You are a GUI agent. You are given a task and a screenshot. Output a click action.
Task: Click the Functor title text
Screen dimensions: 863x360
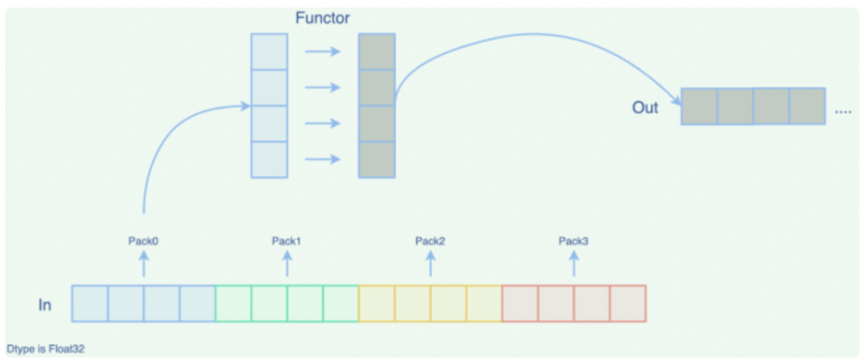(x=322, y=18)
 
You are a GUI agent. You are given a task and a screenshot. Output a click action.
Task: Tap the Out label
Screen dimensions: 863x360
(x=645, y=107)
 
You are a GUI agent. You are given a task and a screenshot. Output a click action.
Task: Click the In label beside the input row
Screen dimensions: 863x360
(x=45, y=304)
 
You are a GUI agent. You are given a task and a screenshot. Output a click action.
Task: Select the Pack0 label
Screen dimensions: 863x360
(x=143, y=241)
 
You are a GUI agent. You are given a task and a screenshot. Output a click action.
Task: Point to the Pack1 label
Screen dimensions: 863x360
(x=286, y=241)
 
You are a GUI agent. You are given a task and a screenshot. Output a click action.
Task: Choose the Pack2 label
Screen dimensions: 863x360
(x=430, y=241)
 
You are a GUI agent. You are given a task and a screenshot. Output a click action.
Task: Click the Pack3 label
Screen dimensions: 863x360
(x=573, y=241)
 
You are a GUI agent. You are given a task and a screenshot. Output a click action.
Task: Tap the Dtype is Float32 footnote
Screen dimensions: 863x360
(x=45, y=349)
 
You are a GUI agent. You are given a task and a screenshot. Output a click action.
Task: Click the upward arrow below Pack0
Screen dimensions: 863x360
(x=143, y=263)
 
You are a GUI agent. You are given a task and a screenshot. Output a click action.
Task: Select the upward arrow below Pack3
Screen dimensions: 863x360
(x=574, y=263)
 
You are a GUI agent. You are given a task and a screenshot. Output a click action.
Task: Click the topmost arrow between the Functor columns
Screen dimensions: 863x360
(x=322, y=51)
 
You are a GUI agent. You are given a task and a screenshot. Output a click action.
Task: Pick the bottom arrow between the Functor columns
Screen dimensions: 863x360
(x=322, y=159)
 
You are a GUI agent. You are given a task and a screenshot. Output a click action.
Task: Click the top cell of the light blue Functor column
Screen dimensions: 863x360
(x=269, y=52)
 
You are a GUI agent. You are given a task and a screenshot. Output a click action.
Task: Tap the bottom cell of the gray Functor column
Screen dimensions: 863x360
(x=377, y=160)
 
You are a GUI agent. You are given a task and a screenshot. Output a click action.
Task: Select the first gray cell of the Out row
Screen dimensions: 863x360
(x=699, y=106)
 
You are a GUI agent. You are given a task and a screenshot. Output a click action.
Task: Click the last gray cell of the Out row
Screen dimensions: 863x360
(x=807, y=106)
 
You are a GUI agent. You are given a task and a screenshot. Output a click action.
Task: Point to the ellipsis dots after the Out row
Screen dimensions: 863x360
(x=843, y=112)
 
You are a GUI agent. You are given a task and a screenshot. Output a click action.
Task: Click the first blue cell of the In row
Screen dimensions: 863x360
(x=90, y=303)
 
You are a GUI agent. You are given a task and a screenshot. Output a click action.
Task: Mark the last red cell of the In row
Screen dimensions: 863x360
(x=628, y=303)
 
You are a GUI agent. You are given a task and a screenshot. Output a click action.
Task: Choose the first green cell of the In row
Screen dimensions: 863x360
(x=233, y=303)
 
